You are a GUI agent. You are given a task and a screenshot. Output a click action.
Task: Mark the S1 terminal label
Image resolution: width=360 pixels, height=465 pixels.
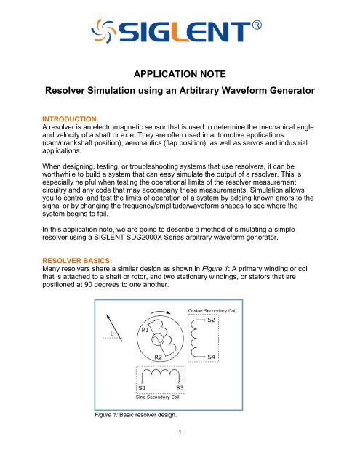point(143,389)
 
